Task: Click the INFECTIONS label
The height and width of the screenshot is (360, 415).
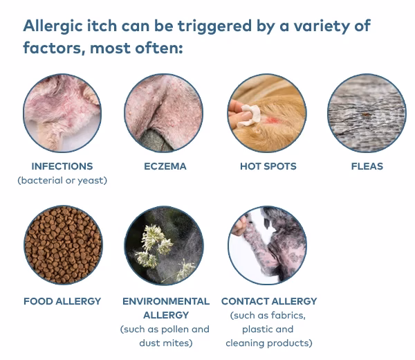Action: (x=62, y=166)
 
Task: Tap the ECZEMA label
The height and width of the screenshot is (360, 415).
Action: (x=165, y=166)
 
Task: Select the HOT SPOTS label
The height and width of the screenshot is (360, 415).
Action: (x=268, y=166)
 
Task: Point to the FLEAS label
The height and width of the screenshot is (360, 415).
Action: (x=367, y=166)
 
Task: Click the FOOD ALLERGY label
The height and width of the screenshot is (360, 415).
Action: (x=62, y=301)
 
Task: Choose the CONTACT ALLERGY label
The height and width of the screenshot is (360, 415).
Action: (x=269, y=301)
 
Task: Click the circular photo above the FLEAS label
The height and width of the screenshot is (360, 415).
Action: (x=367, y=113)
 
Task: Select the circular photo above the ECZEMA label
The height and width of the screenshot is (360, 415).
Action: (x=164, y=113)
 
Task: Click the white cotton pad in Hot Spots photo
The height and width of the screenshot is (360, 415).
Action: (x=243, y=111)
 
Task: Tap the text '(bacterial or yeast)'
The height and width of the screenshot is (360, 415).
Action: (x=62, y=181)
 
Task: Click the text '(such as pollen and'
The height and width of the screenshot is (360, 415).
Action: (x=165, y=329)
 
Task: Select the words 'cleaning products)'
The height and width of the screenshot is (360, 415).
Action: (x=269, y=343)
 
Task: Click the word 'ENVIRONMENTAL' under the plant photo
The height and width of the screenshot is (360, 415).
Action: (x=166, y=301)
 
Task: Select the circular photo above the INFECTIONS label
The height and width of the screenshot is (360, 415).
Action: (x=62, y=113)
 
